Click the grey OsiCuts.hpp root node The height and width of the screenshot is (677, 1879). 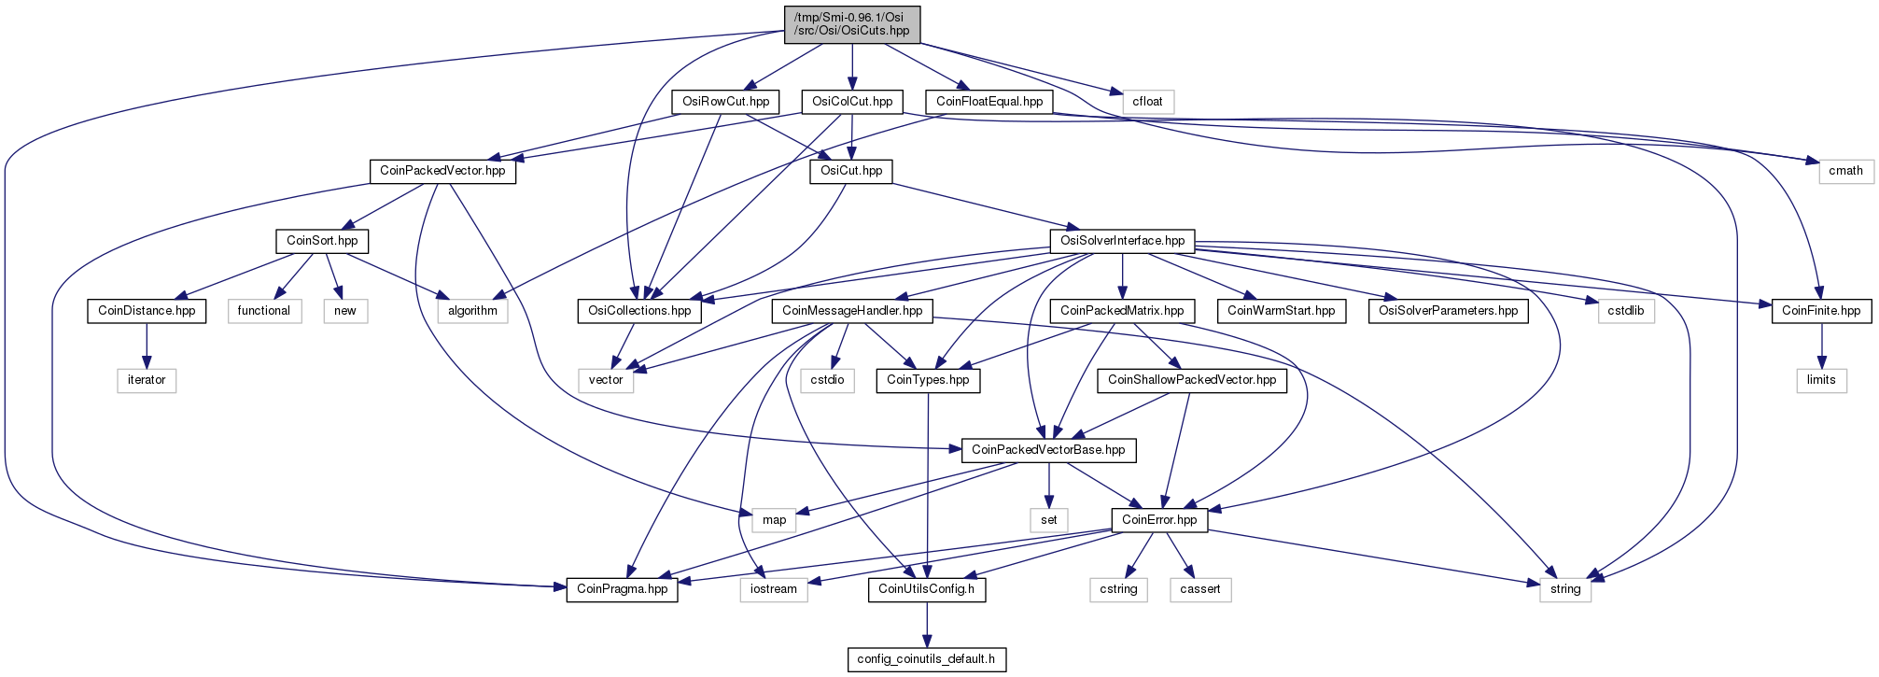852,24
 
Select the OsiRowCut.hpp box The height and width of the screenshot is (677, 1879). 726,102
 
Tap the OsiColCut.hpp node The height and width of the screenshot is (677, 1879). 852,102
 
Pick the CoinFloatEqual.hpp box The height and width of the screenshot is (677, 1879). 989,102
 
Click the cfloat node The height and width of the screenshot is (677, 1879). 1147,102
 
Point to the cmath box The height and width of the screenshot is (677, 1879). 1845,171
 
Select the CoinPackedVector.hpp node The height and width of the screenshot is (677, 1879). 442,171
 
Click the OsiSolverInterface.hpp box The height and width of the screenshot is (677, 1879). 1123,241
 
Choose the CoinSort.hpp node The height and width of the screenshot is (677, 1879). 322,241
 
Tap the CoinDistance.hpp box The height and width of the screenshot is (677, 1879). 147,311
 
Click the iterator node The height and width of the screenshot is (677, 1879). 147,380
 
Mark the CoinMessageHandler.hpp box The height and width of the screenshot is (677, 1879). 852,311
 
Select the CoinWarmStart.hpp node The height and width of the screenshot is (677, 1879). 1282,311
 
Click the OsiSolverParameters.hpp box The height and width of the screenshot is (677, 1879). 1449,311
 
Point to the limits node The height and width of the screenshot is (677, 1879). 1821,380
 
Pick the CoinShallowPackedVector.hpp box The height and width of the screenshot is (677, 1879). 1192,380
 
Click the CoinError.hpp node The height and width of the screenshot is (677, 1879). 1159,520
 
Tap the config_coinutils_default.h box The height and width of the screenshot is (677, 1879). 926,659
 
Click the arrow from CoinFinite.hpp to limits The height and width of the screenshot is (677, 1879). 1821,346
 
